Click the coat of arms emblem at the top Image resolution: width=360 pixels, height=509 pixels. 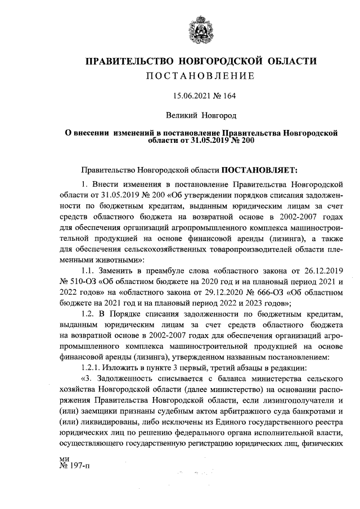coord(201,29)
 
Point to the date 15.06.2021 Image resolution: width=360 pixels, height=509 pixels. coord(185,96)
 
